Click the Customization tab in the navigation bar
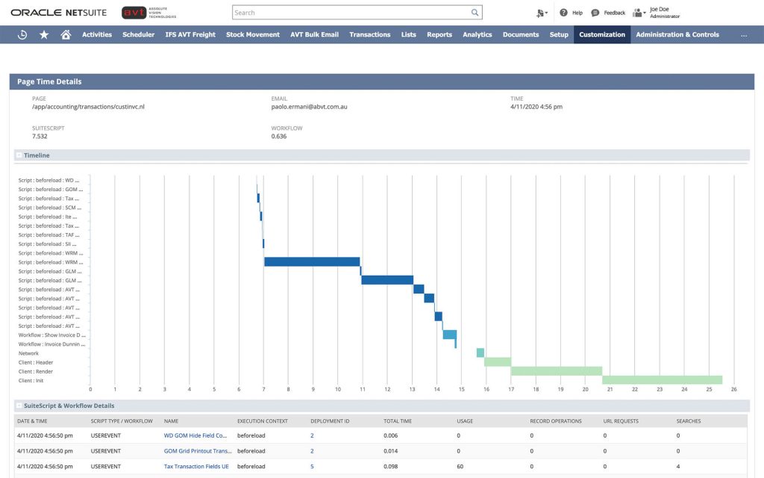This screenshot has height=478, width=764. (x=602, y=34)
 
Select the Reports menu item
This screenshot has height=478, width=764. (x=439, y=34)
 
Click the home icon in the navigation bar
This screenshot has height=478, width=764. (x=66, y=34)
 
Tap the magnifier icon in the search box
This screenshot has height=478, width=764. (x=475, y=13)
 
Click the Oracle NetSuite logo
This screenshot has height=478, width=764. (x=58, y=13)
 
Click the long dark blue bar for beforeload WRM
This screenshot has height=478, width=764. (x=312, y=261)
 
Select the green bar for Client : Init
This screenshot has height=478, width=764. (x=662, y=379)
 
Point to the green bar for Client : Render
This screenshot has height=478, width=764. (x=556, y=370)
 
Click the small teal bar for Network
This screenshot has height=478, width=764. (x=480, y=353)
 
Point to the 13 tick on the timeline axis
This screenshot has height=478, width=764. (x=412, y=389)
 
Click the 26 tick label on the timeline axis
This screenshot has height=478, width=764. (x=734, y=389)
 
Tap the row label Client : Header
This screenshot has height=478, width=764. (x=36, y=362)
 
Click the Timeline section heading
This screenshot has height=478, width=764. (x=37, y=155)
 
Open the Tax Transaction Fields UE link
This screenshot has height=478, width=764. (x=195, y=467)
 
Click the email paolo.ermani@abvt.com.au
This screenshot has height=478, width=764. (x=309, y=107)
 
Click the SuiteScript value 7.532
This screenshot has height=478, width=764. (x=40, y=137)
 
